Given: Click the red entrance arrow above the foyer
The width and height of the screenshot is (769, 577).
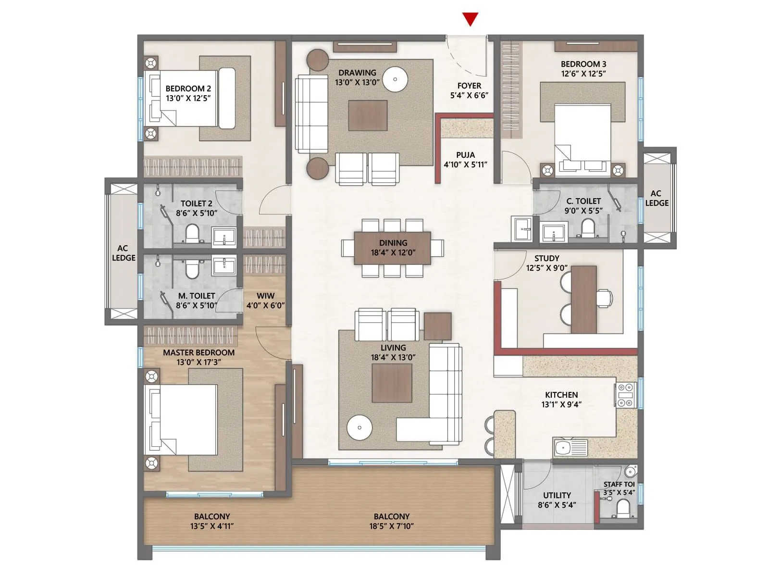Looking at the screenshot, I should click(470, 19).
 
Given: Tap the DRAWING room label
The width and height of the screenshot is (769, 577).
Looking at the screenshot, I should click(357, 73).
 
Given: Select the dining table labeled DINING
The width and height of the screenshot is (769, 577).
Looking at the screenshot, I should click(393, 248).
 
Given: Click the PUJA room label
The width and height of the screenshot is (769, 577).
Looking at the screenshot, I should click(465, 155).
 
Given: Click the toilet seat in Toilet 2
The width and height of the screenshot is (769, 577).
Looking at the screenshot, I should click(192, 235).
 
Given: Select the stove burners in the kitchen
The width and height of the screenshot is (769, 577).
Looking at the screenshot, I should click(625, 395).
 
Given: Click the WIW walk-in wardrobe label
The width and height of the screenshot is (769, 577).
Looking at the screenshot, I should click(265, 296).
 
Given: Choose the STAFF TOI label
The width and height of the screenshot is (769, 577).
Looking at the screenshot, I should click(619, 484).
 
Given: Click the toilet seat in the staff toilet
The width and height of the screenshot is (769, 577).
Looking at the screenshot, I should click(623, 507).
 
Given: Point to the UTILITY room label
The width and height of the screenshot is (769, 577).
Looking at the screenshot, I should click(557, 495).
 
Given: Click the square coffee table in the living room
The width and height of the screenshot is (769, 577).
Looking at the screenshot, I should click(392, 383).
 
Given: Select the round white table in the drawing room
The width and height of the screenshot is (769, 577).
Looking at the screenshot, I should click(395, 79).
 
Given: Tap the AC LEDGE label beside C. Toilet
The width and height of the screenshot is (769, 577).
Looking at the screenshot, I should click(657, 198).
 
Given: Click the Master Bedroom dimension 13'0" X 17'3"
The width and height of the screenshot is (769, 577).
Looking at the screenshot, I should click(198, 362).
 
